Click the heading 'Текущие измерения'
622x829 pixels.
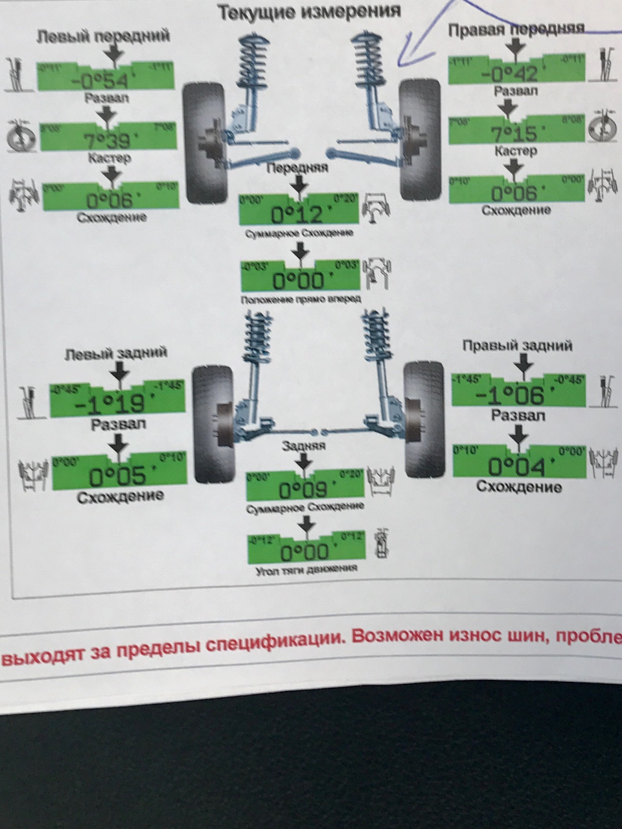[x=308, y=12]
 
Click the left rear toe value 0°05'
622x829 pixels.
[x=117, y=477]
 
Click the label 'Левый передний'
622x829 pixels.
[x=103, y=36]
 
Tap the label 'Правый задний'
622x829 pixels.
[x=517, y=346]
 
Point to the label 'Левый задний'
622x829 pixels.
[x=116, y=353]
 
